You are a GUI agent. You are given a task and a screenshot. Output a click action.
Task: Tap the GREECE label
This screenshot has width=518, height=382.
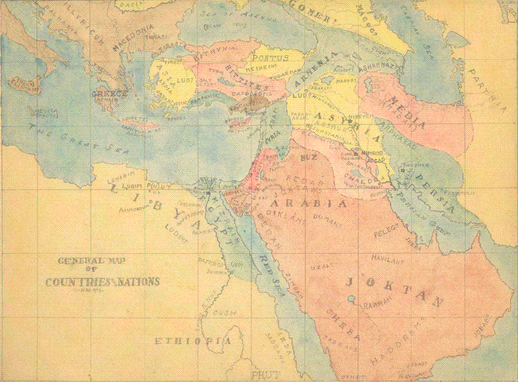click(110, 94)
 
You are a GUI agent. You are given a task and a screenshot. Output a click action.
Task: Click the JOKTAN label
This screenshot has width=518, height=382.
click(394, 290)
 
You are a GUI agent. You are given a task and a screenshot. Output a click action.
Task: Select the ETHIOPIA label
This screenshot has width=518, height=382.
click(193, 341)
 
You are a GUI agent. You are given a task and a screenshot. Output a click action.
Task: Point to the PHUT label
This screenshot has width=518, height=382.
click(265, 374)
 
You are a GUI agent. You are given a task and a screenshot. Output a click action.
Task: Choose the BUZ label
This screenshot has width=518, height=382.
click(308, 155)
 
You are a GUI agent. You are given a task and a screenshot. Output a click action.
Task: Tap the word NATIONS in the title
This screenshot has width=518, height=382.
click(138, 282)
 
